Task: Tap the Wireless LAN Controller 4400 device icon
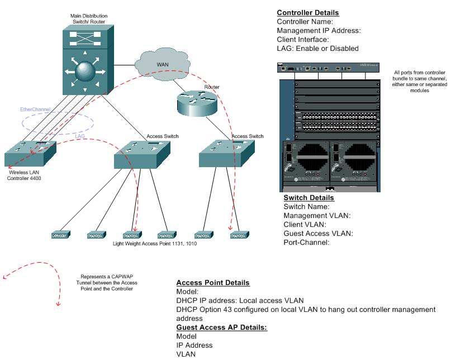(x=30, y=153)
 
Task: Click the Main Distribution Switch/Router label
(x=89, y=19)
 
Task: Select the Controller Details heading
(x=307, y=13)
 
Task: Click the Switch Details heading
(x=308, y=198)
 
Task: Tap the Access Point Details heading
(x=213, y=283)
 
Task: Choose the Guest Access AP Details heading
(x=221, y=328)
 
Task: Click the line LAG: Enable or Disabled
(x=317, y=49)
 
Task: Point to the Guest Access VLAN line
(x=318, y=234)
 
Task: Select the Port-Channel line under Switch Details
(x=306, y=243)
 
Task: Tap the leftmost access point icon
(x=60, y=235)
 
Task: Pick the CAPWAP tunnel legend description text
(x=109, y=283)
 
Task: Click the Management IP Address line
(x=319, y=31)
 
